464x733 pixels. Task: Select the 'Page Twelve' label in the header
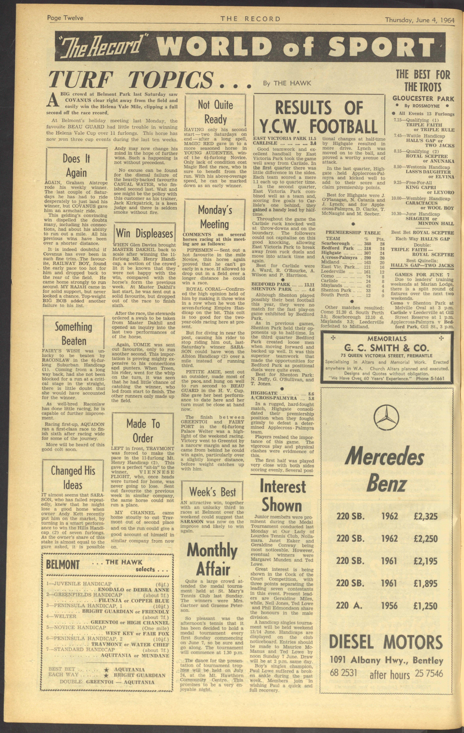[x=65, y=18]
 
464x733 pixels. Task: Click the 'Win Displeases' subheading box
[x=145, y=234]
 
